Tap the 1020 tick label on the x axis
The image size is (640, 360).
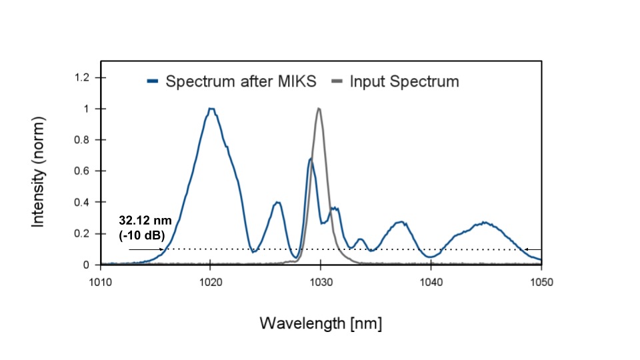click(211, 281)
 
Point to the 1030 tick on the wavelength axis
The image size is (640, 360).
click(321, 281)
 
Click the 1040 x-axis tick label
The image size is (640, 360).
click(431, 281)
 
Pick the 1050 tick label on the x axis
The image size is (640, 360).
click(541, 281)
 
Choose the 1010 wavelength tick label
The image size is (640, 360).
click(100, 281)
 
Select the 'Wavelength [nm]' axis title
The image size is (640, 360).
click(321, 324)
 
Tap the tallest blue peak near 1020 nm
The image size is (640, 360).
click(211, 109)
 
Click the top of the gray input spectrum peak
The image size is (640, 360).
click(319, 109)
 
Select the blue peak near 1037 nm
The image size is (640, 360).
click(400, 222)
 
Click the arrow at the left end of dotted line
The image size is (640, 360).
click(145, 249)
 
